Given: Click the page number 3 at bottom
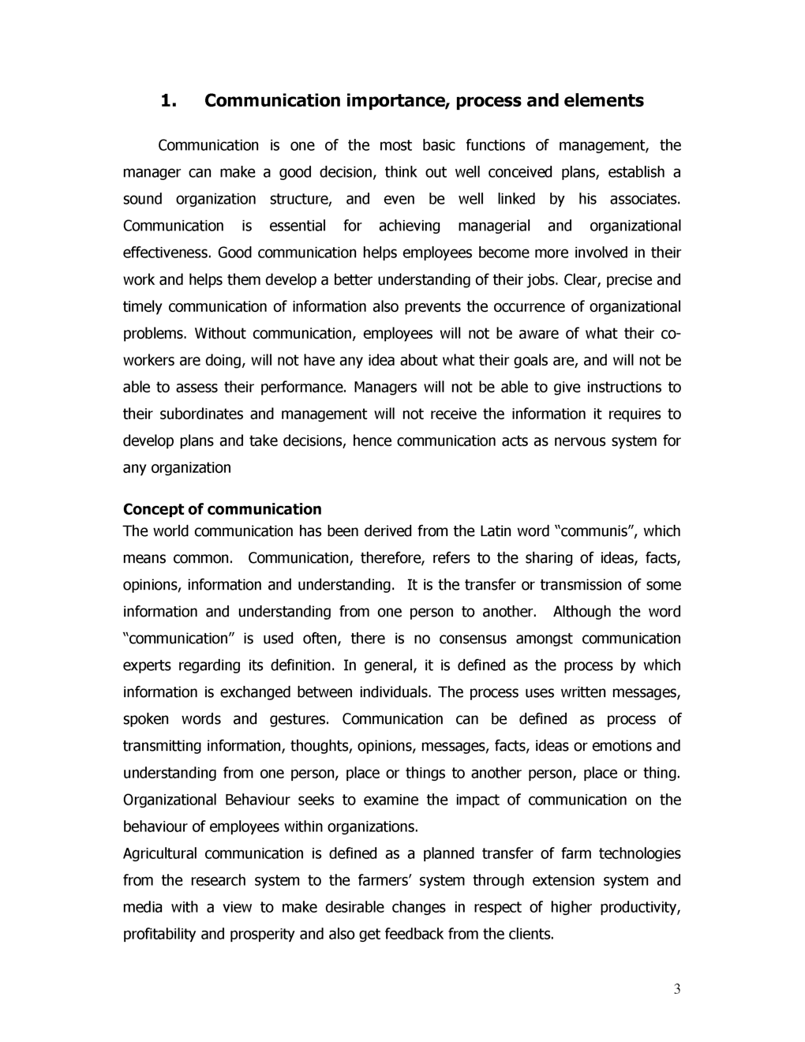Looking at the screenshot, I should coord(677,990).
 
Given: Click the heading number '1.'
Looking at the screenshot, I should coord(167,101).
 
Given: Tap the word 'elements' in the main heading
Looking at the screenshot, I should coord(604,101).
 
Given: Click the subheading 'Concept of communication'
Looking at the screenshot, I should coord(223,509).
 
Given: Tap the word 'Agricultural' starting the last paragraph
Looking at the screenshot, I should coord(160,853).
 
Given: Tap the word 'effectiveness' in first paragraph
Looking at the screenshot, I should coord(167,253).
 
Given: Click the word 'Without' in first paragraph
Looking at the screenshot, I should coord(220,334).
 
